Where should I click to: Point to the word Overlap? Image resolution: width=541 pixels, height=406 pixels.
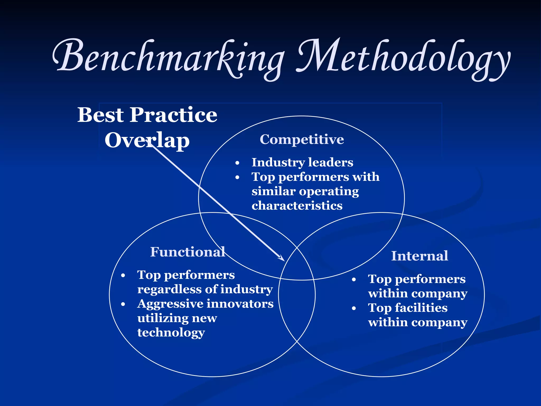click(x=147, y=140)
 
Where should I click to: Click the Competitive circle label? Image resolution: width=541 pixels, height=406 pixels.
click(x=302, y=139)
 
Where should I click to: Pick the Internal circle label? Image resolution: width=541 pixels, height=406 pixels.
click(x=419, y=256)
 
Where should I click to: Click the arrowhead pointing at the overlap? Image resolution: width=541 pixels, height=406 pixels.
click(x=282, y=259)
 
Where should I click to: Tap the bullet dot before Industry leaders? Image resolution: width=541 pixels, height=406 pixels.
click(x=237, y=163)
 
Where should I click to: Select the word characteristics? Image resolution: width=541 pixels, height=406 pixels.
click(x=297, y=206)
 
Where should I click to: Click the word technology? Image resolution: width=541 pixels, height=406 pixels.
click(x=171, y=333)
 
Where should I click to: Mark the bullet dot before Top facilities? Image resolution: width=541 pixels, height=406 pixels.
click(x=354, y=308)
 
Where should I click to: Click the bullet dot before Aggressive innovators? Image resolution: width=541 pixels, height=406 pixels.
click(x=123, y=304)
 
